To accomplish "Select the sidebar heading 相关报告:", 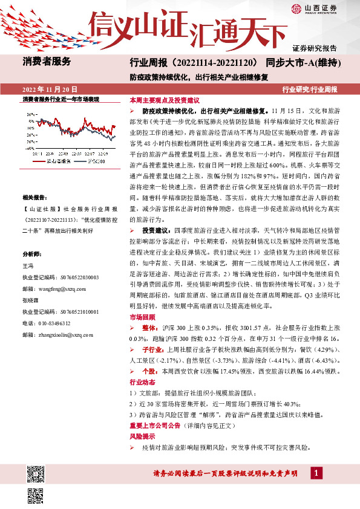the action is click(x=36, y=197).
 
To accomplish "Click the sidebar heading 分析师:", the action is click(x=31, y=253).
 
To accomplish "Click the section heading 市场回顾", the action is click(x=140, y=317).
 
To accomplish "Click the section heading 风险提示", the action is click(x=140, y=436).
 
